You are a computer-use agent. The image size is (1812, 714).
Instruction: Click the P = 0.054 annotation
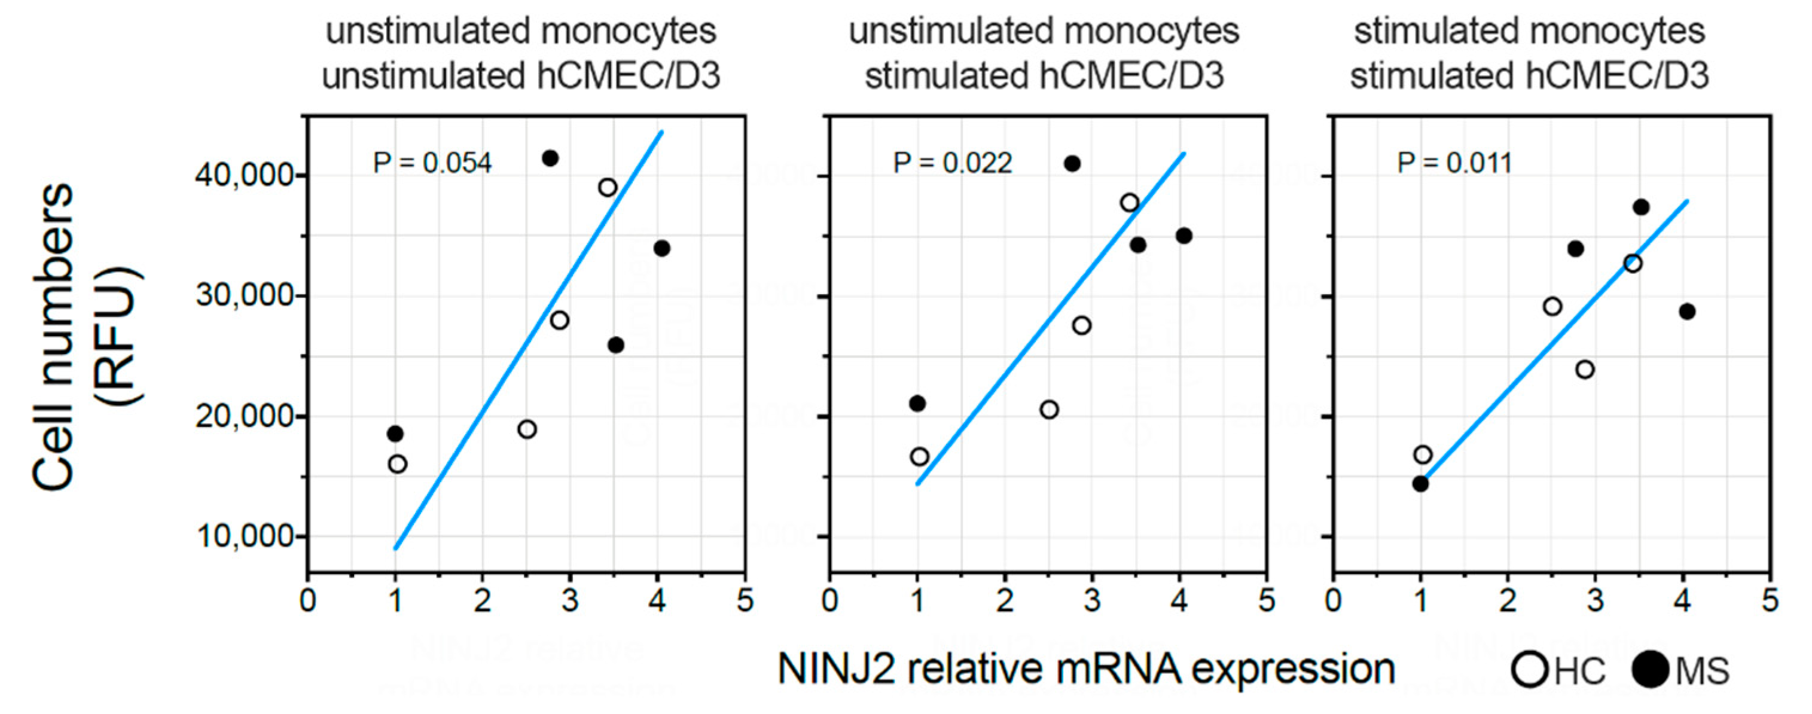(x=432, y=163)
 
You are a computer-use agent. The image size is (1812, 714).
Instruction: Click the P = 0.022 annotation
(x=953, y=163)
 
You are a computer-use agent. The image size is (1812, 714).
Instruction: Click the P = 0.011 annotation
(x=1454, y=163)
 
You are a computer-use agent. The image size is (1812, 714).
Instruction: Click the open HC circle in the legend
(x=1529, y=669)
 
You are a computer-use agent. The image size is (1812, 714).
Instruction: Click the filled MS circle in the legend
(x=1649, y=669)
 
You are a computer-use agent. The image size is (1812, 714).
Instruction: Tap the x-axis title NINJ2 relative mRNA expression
(x=1085, y=669)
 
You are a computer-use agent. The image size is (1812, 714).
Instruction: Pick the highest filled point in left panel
(x=550, y=158)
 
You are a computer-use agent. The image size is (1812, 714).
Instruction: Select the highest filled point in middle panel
(x=1072, y=164)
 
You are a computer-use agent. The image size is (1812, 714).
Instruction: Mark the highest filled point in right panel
(x=1641, y=207)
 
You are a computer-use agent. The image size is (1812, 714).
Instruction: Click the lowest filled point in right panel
(x=1420, y=483)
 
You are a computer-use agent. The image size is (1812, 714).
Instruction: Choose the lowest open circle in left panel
(x=398, y=464)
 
